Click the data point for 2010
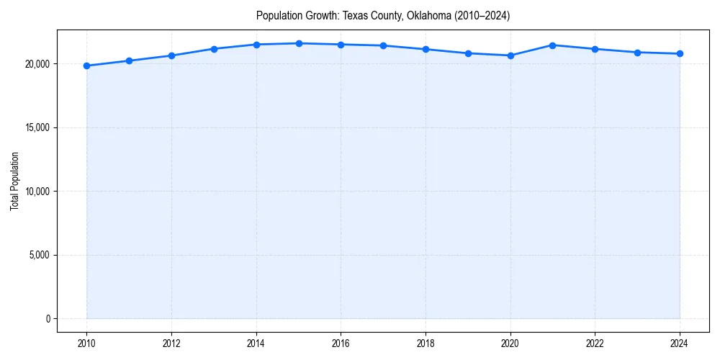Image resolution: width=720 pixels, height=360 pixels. coord(86,66)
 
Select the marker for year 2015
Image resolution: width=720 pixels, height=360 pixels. coord(299,43)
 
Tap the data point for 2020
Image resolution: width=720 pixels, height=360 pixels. coord(510,55)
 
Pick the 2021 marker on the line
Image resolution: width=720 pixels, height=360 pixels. coord(553,45)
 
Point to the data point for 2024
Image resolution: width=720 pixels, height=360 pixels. coord(680,54)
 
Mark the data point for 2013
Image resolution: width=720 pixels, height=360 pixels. coord(214,49)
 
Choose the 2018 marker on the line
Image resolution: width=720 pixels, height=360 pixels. coord(426,49)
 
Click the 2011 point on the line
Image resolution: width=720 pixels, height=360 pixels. coord(129,60)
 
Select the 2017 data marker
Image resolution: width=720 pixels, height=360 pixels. coord(383,45)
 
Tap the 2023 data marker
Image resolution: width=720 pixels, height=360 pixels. coord(637,53)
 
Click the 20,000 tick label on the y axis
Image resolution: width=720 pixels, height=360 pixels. coord(36,64)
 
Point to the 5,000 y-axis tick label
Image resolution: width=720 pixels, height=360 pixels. coord(38,255)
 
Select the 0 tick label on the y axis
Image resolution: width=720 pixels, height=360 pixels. coord(47,319)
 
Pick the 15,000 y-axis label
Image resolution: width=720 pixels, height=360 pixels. coord(36,127)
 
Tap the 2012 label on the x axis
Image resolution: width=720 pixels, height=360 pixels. coord(171,343)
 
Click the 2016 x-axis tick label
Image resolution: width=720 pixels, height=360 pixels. coord(341,343)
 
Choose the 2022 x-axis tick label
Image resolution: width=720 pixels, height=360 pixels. coord(595,343)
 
